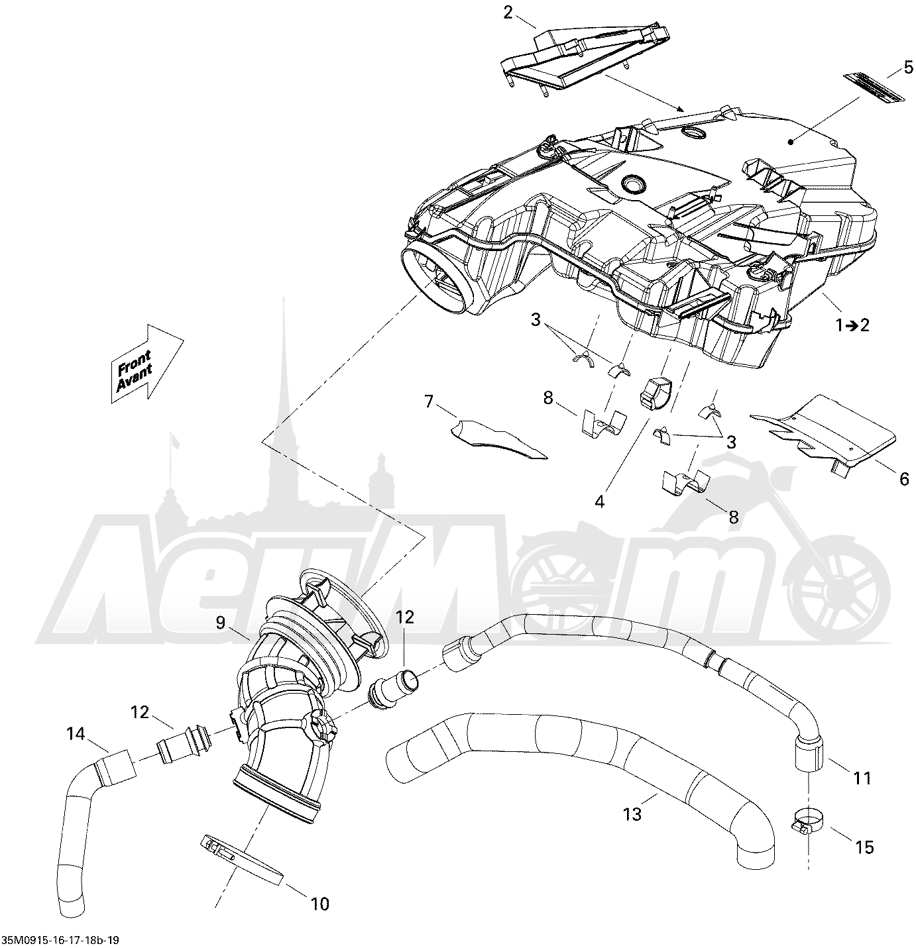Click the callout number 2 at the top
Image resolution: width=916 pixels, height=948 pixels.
coord(508,13)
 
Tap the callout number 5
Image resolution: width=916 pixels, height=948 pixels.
coord(908,67)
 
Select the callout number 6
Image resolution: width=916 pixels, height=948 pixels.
coord(904,479)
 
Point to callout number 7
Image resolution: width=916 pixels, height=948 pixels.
coord(429,401)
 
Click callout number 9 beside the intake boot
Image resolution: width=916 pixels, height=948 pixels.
coord(220,622)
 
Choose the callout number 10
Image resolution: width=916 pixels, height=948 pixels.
coord(320,904)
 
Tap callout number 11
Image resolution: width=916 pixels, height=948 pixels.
coord(862,778)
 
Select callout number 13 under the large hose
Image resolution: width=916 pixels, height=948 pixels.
coord(632,814)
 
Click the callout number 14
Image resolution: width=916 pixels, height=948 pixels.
coord(76,733)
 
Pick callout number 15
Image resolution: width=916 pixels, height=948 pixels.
coord(864,847)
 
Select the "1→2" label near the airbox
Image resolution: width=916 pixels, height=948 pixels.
coord(853,325)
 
